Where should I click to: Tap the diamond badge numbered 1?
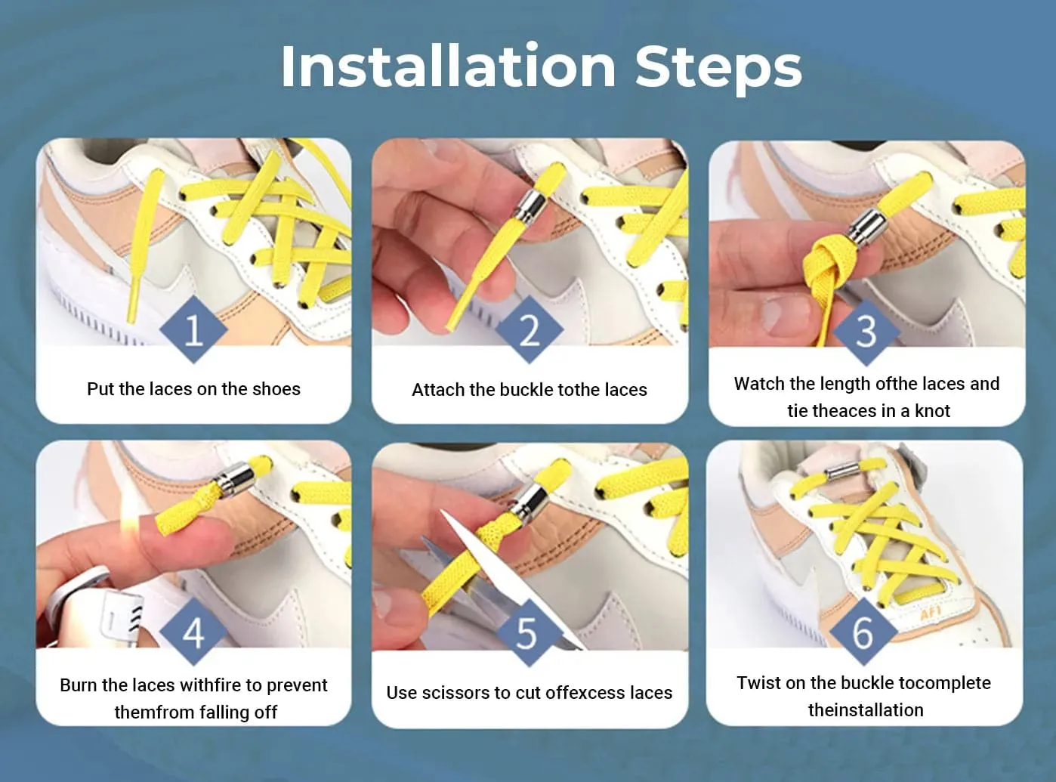coord(193,329)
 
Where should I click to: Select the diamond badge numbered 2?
coord(530,329)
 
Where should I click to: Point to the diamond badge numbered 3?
coord(866,332)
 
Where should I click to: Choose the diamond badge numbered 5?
coord(529,633)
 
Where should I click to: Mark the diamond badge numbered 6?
coord(863,632)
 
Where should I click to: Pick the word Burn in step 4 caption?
coord(79,685)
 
